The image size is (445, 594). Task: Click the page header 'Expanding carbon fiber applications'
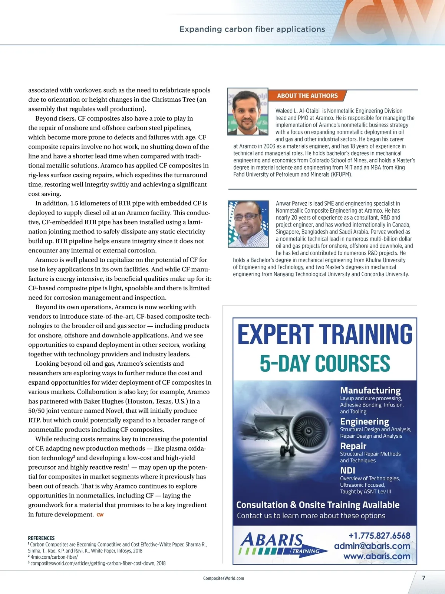coord(252,29)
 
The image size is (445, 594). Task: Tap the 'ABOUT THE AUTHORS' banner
coord(307,96)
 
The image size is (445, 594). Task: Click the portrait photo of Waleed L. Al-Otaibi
coord(247,111)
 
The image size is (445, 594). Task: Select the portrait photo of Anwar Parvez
coord(248,223)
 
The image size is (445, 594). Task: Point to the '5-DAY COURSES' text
coord(325,363)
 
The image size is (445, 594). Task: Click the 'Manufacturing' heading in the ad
coord(370,390)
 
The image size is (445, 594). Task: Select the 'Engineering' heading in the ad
coord(365,421)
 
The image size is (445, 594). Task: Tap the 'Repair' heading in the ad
coord(353,446)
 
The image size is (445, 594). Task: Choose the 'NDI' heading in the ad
coord(347,470)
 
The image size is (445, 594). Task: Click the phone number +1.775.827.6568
coord(379,536)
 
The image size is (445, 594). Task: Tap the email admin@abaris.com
coord(372,546)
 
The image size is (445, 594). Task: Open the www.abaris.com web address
coord(377,556)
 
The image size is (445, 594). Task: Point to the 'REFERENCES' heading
coord(41,538)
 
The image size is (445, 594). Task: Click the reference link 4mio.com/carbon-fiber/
coord(54,557)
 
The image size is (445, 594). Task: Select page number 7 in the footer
coord(423,578)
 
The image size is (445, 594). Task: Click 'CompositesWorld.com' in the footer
coord(224,578)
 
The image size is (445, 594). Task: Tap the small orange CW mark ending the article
coord(100,515)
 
